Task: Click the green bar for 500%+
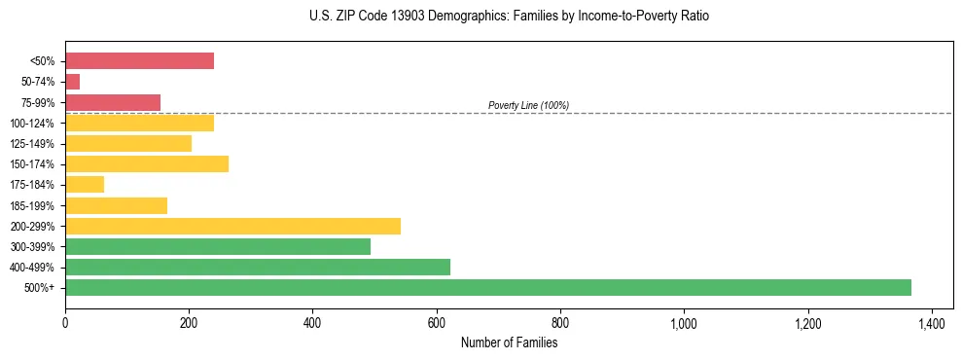click(x=487, y=287)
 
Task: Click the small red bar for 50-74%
click(x=73, y=82)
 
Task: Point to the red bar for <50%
click(x=139, y=61)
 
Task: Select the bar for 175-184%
click(x=85, y=184)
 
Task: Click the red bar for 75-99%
click(x=113, y=102)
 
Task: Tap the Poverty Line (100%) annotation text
click(x=528, y=105)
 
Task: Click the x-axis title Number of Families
click(x=509, y=342)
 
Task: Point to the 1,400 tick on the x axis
click(x=932, y=321)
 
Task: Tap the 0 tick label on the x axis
click(x=65, y=321)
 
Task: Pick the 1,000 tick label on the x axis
click(x=684, y=321)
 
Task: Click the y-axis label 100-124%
click(x=32, y=124)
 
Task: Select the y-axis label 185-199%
click(x=32, y=205)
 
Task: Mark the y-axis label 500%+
click(x=41, y=288)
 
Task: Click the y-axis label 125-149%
click(x=32, y=144)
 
